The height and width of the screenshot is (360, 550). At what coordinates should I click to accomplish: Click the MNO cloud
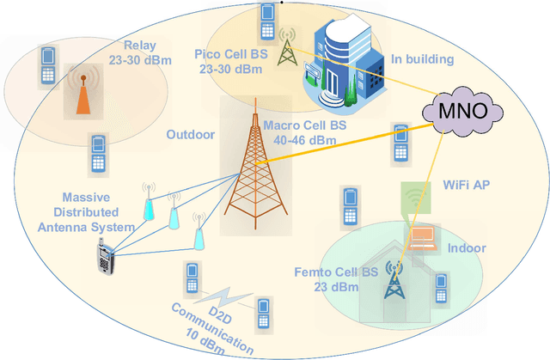(x=461, y=112)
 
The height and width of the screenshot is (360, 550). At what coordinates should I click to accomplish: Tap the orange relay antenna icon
(x=82, y=92)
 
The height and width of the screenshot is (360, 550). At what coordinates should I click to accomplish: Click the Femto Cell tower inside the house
(x=394, y=280)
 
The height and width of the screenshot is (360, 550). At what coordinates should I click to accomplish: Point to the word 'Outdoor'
(x=189, y=135)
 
